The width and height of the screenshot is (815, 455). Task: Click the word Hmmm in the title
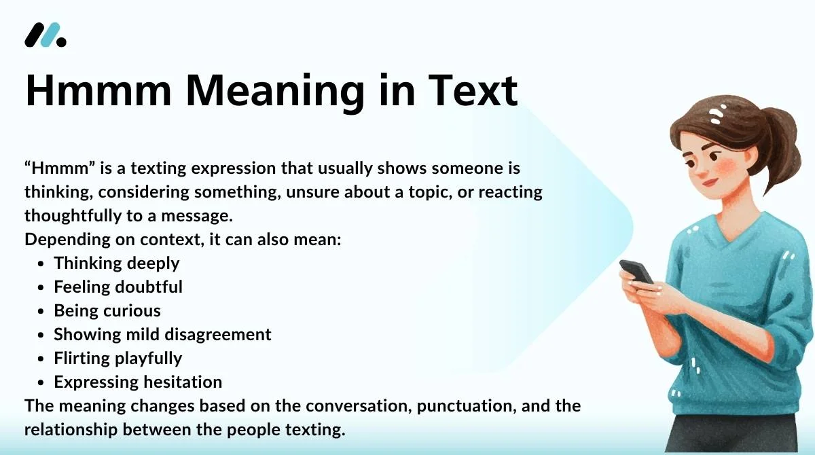(98, 90)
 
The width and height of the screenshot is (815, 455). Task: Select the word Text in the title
(473, 90)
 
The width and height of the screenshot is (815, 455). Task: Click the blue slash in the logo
(50, 35)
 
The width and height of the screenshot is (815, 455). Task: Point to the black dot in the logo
(62, 42)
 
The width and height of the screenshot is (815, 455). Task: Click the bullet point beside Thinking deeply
(41, 263)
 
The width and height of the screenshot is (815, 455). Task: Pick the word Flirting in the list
(82, 359)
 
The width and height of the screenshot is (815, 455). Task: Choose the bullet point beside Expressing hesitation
(41, 382)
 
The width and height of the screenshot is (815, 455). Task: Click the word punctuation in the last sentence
(467, 406)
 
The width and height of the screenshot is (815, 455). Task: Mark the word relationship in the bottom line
(71, 430)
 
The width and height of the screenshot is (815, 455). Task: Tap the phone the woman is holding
(636, 272)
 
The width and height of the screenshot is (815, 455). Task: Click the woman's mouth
(710, 181)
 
